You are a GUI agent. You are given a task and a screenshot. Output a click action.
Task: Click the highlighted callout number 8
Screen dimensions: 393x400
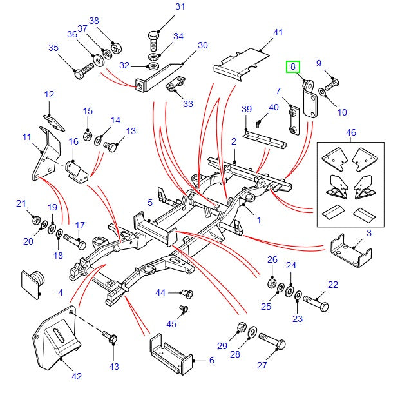click(x=293, y=66)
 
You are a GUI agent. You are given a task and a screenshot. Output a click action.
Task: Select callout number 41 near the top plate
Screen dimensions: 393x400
click(x=278, y=32)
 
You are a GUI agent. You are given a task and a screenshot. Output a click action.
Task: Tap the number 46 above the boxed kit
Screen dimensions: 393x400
click(x=350, y=132)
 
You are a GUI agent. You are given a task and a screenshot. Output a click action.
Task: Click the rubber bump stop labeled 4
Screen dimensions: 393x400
click(x=32, y=281)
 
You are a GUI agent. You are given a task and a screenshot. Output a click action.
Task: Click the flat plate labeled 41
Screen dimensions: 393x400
click(x=242, y=65)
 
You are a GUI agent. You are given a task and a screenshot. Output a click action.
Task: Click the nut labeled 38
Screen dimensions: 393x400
click(x=115, y=48)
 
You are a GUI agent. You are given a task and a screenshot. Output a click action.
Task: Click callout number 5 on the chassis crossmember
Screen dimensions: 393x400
click(x=149, y=203)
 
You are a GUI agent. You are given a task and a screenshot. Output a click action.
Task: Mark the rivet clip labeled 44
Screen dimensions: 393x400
click(x=187, y=293)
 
